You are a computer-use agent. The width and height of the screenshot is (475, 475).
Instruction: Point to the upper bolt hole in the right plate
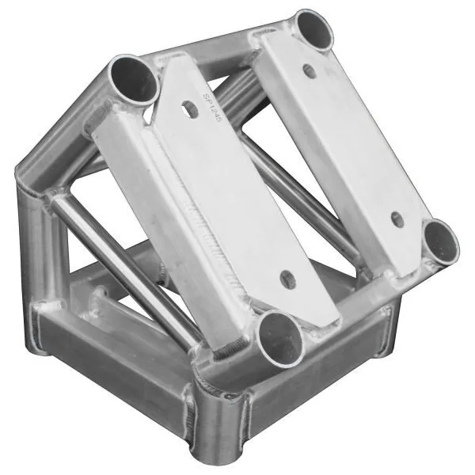(x=310, y=70)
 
